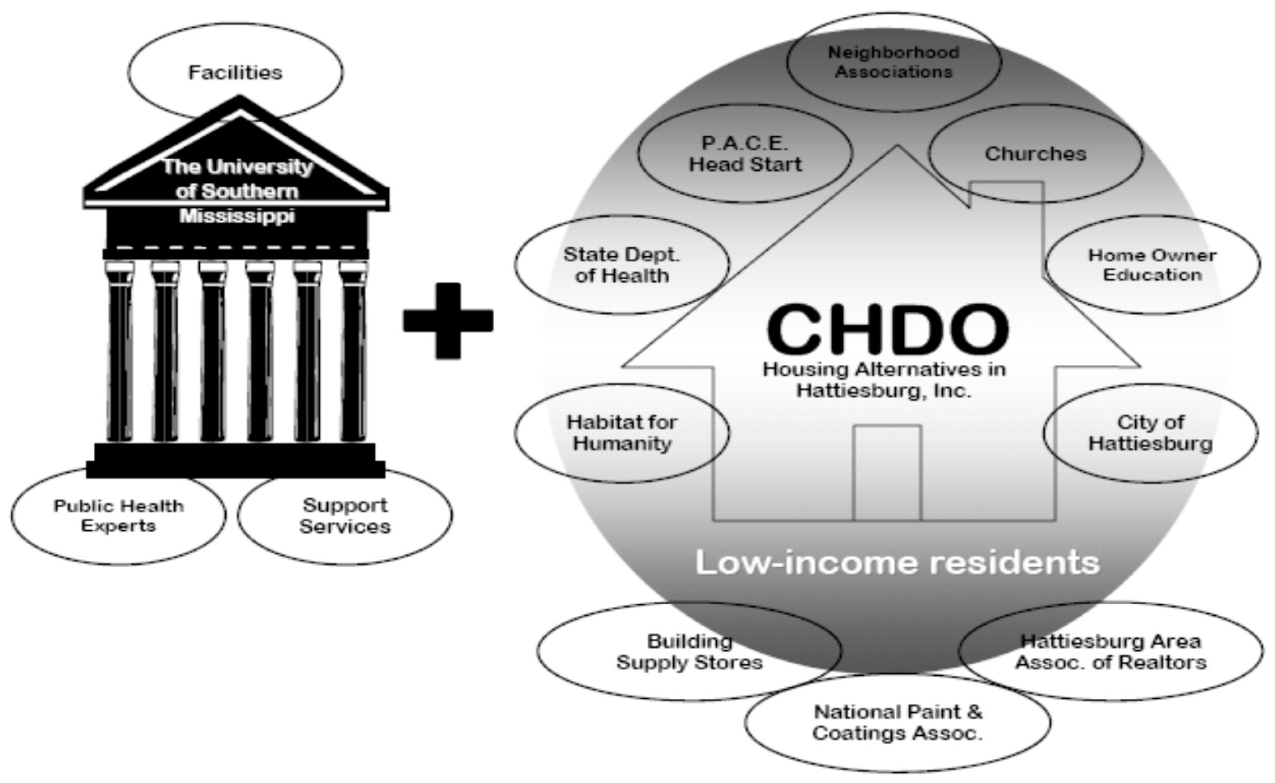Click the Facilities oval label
235,72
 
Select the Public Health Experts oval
119,516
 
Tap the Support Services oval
345,516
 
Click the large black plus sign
448,320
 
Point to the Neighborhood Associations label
894,62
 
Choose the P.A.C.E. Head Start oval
745,154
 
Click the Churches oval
1035,154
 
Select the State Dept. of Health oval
621,265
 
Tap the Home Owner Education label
1152,265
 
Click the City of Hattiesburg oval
1150,433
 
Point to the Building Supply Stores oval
689,652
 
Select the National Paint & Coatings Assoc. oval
897,723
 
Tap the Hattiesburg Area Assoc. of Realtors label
1111,652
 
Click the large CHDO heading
888,330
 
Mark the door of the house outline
887,472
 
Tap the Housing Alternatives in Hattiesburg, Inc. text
884,380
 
